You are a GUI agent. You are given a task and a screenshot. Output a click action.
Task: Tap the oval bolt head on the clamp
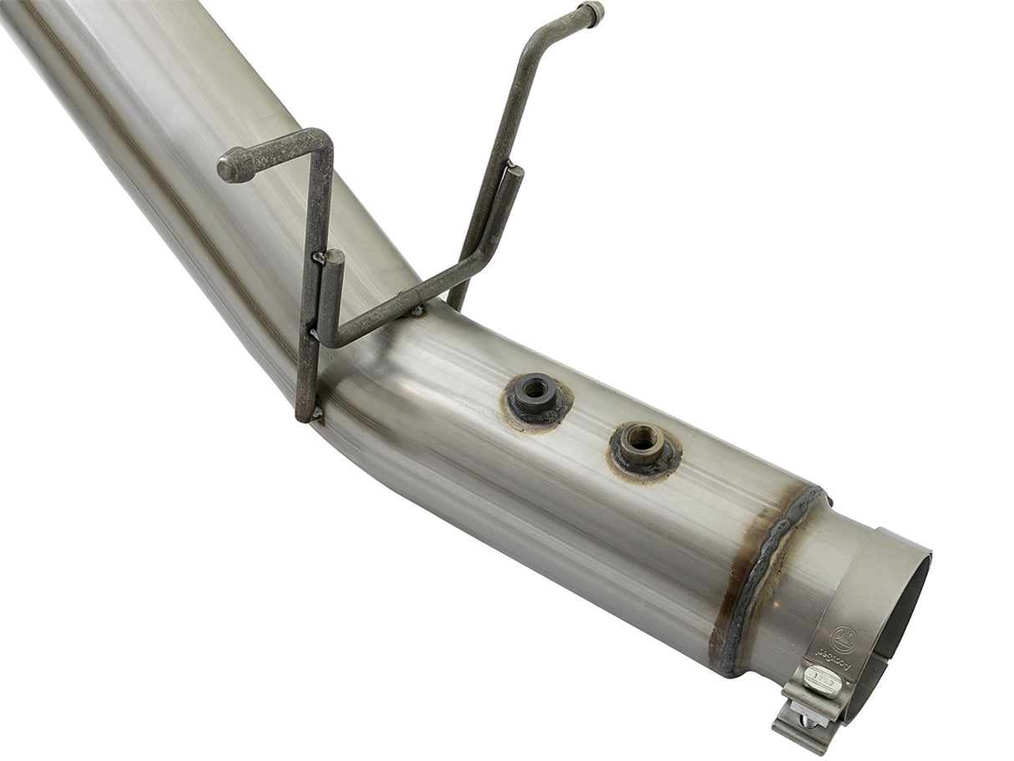click(822, 681)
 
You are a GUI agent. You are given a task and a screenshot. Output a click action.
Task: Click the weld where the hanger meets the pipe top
click(417, 311)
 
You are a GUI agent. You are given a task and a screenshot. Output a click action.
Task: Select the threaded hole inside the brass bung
click(641, 435)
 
